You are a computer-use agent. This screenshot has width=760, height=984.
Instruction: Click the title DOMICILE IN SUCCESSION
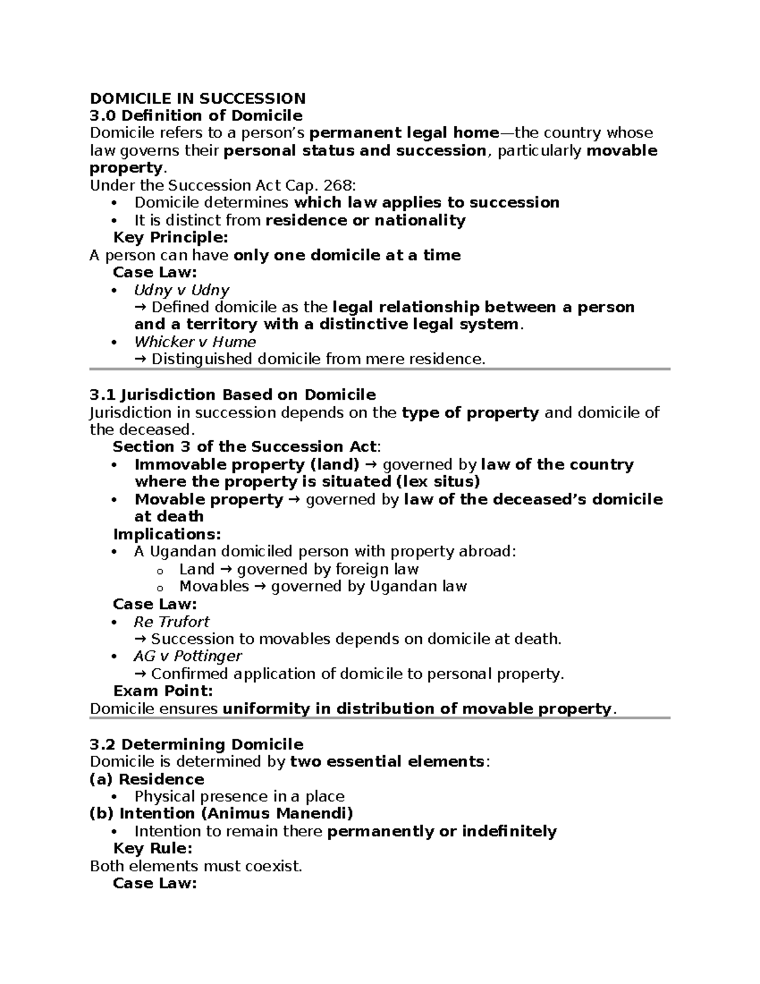198,98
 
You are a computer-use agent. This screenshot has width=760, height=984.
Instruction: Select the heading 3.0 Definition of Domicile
196,115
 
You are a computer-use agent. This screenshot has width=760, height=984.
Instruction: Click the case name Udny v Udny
181,290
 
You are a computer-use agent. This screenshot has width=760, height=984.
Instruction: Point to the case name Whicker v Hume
195,342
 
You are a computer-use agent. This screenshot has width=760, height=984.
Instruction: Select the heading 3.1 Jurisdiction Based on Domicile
232,395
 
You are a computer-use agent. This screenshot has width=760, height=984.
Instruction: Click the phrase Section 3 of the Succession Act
244,447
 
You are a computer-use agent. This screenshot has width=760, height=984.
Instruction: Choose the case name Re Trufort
171,621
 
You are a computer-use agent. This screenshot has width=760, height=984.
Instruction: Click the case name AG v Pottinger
187,656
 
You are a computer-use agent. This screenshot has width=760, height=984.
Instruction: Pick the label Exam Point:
163,691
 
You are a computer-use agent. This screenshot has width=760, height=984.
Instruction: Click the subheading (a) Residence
147,779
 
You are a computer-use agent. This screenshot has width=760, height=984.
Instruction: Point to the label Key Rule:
153,848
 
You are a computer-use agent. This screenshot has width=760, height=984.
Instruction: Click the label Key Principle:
170,238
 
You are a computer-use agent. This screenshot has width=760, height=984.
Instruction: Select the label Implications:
167,534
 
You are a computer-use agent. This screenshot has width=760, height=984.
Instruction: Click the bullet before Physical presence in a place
114,796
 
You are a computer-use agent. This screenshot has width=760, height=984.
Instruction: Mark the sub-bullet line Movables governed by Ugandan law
323,586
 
